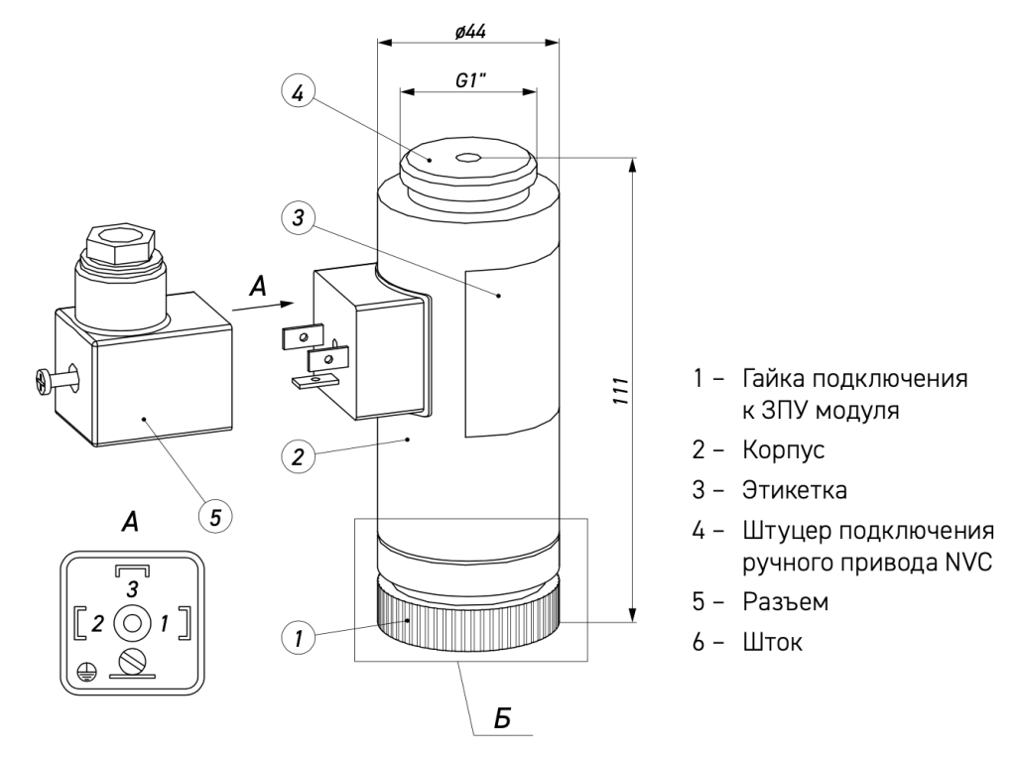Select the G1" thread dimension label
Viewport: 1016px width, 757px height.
click(469, 80)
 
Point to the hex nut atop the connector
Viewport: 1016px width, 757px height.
click(116, 241)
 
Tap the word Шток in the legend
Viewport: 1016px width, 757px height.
click(772, 642)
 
